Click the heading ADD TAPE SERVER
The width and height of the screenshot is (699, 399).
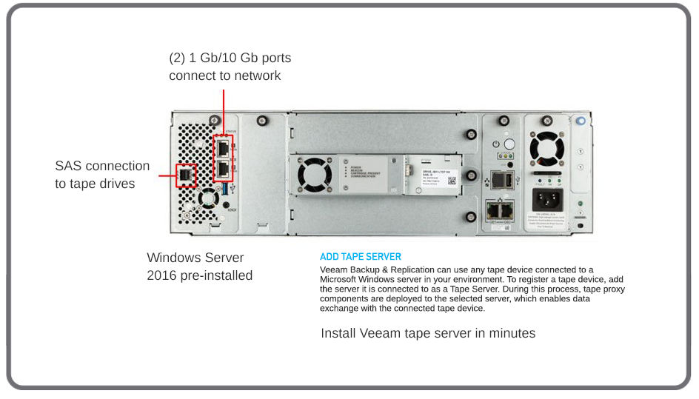point(360,257)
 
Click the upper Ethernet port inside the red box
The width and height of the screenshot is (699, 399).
point(223,148)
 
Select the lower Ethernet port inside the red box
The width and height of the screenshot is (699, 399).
point(223,170)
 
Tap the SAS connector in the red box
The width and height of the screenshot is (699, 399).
point(186,175)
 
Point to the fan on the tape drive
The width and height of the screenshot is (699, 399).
point(313,176)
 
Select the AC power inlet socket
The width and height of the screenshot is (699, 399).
point(548,199)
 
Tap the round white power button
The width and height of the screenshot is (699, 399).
point(509,144)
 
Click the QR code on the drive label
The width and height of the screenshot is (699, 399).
point(452,180)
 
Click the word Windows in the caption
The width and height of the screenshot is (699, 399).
point(175,258)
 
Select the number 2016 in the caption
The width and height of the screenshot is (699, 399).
point(163,275)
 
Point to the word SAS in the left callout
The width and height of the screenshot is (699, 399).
point(68,166)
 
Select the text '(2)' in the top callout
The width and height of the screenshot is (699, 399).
point(177,58)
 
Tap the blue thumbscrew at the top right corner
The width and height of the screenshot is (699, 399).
point(581,121)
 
